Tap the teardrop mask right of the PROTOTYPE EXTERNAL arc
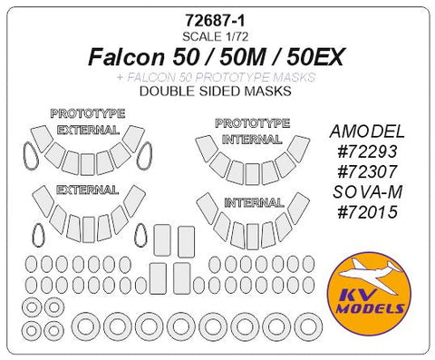[146, 158]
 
